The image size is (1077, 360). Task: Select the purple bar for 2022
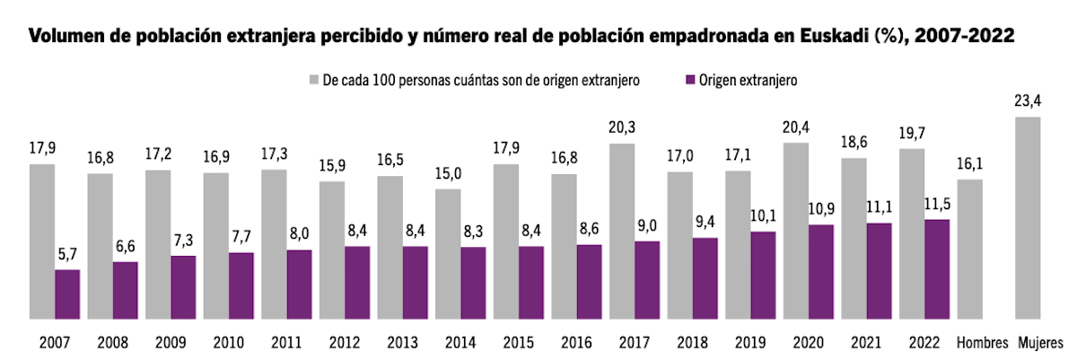(x=937, y=268)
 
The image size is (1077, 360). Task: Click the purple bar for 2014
(x=474, y=282)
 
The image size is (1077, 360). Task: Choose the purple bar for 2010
(x=241, y=285)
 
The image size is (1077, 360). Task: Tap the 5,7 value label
(x=67, y=254)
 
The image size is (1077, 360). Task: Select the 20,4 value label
(x=796, y=127)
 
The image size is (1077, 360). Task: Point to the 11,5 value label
(x=937, y=204)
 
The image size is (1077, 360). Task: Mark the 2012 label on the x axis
(x=345, y=342)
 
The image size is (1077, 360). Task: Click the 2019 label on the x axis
(x=751, y=342)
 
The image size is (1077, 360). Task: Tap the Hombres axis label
(x=976, y=342)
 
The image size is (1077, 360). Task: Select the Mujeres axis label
(x=1040, y=342)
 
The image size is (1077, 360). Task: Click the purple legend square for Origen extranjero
(x=691, y=80)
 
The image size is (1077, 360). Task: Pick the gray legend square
(x=316, y=80)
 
